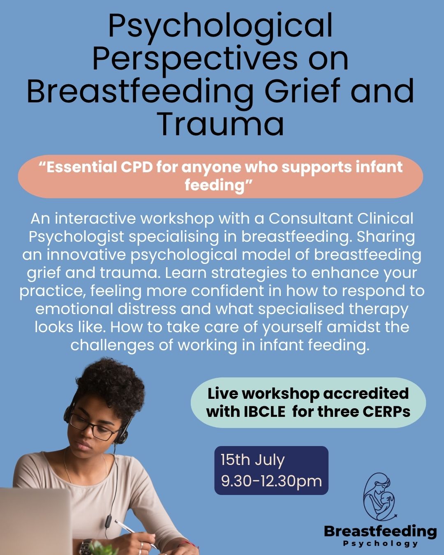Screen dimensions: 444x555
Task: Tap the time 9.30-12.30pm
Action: tap(271, 481)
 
